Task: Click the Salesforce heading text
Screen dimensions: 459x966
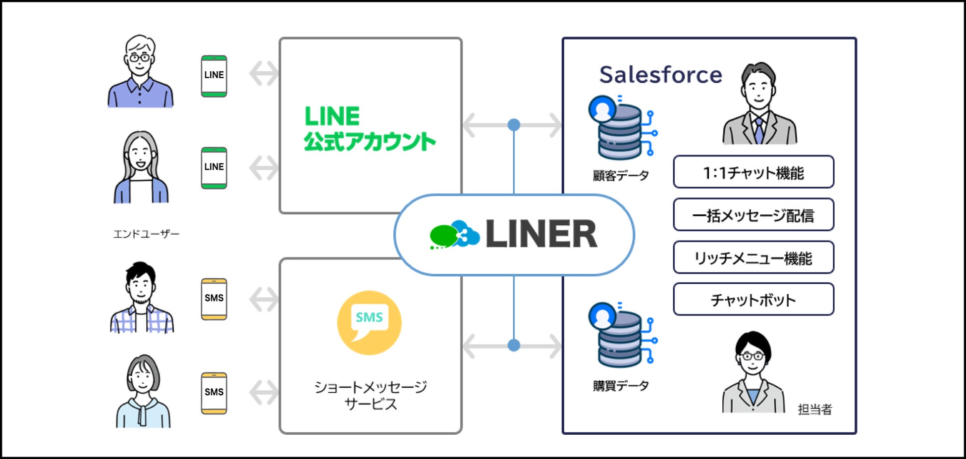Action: coord(660,75)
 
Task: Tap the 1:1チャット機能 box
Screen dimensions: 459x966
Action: coord(753,172)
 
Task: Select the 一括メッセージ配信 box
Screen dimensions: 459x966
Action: coord(753,215)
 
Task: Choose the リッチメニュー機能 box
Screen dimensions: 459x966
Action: coord(753,257)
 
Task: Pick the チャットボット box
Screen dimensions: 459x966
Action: coord(753,300)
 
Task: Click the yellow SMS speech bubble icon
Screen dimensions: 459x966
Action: coord(369,322)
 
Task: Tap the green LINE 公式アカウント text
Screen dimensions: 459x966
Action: coord(369,129)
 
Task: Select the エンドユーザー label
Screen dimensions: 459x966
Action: coord(146,234)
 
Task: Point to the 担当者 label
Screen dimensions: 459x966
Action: coord(815,409)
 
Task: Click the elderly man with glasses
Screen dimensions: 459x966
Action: coord(140,71)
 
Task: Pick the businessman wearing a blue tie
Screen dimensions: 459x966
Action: coord(759,104)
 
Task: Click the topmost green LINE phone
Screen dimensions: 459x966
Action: coord(214,76)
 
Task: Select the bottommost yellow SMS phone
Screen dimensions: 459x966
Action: coord(214,393)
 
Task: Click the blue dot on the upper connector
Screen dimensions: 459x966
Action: coord(514,125)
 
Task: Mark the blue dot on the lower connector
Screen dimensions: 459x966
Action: coord(514,345)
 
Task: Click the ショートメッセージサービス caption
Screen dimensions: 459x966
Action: coord(371,395)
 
